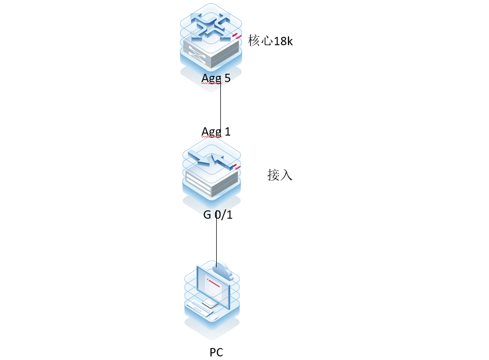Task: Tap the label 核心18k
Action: pos(270,41)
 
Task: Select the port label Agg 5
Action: pos(216,78)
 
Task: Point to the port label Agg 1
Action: pos(216,131)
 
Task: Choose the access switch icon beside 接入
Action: pos(212,169)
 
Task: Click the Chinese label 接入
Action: pos(280,175)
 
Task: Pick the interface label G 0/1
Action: pos(218,214)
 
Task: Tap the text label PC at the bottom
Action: pos(216,353)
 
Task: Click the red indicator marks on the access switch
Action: pos(237,167)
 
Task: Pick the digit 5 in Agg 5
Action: pos(227,78)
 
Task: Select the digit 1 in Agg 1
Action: pos(227,131)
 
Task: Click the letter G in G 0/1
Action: pos(207,214)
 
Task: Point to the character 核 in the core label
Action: pos(254,41)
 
